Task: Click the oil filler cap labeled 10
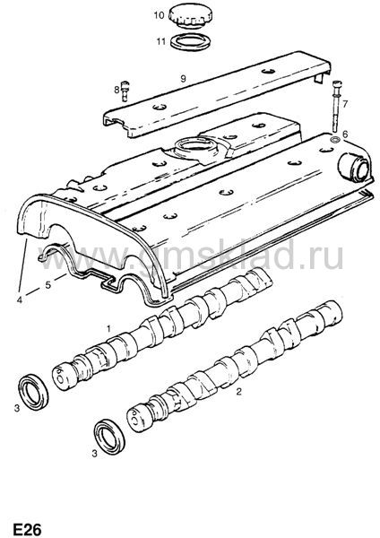coord(190,15)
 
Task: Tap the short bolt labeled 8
coord(125,91)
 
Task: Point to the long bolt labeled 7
coord(336,105)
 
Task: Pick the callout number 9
coord(183,79)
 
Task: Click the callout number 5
coord(48,285)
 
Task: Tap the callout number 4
coord(20,299)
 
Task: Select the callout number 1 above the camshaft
coord(108,329)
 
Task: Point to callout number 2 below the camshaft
coord(238,391)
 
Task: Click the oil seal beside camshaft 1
coord(33,392)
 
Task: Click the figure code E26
coord(28,529)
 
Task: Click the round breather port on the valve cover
coord(354,166)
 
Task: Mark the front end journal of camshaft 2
coord(141,418)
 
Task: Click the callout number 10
coord(160,15)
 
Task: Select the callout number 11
coord(160,42)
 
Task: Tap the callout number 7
coord(345,103)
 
